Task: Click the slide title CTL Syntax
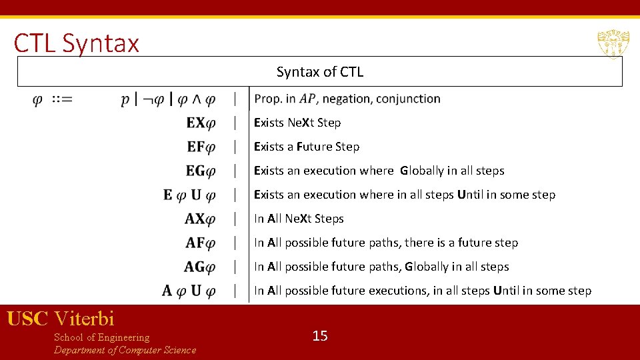(77, 43)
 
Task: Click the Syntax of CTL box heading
(320, 72)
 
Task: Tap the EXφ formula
(201, 123)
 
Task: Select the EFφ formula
(201, 147)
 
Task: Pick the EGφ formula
(201, 171)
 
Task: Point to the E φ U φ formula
(189, 195)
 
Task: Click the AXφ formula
(200, 219)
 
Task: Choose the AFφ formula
(201, 243)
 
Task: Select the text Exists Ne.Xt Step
(297, 123)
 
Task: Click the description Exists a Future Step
(307, 147)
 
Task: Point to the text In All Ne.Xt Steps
(299, 219)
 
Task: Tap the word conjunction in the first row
(408, 99)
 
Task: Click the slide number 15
(320, 336)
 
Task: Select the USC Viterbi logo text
(61, 319)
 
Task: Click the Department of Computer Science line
(125, 350)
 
